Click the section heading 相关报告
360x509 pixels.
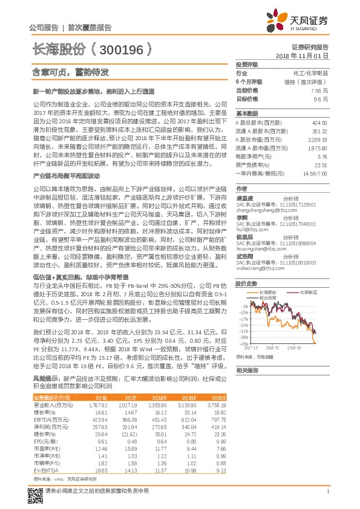pos(247,370)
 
